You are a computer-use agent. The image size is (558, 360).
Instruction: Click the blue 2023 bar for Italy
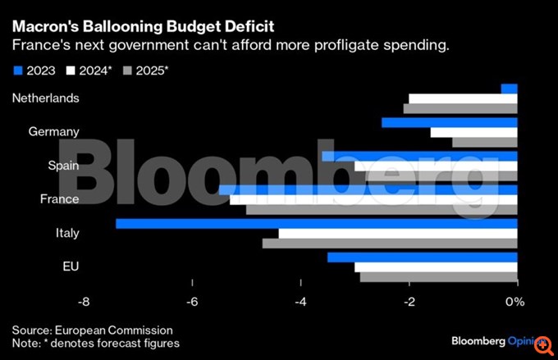[316, 223]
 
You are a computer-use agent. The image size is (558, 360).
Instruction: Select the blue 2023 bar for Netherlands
[509, 89]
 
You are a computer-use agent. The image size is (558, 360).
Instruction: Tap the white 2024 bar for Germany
[473, 132]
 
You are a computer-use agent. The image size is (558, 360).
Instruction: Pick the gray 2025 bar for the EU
[438, 277]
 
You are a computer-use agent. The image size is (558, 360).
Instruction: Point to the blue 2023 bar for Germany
[449, 122]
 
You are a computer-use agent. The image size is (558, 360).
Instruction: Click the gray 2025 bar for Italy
[390, 244]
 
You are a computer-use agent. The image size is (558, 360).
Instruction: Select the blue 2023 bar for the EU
[422, 257]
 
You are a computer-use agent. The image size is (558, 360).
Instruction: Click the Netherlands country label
[46, 98]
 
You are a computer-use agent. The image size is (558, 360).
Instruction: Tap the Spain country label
[63, 165]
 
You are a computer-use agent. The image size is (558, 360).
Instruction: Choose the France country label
[59, 199]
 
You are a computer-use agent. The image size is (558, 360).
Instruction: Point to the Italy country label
[67, 233]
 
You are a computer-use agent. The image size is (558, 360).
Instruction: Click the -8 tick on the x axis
[84, 302]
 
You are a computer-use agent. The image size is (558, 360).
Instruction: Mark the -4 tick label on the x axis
[300, 302]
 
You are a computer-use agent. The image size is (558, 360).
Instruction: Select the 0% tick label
[515, 302]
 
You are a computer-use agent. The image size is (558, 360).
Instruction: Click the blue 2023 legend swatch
[18, 71]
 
